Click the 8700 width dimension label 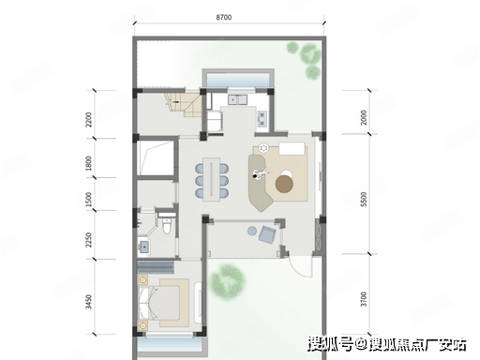224,17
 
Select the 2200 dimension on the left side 89,119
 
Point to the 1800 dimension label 89,163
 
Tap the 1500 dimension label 89,200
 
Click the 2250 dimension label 89,240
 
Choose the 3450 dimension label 89,302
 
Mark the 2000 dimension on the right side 364,117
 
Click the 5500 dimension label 364,199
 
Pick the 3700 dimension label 364,299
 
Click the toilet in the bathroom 167,225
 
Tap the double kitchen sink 237,99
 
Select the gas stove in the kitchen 262,119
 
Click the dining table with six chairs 212,179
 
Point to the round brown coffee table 284,184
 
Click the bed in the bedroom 159,303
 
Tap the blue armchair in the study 267,233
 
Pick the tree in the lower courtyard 227,282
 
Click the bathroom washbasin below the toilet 144,247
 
